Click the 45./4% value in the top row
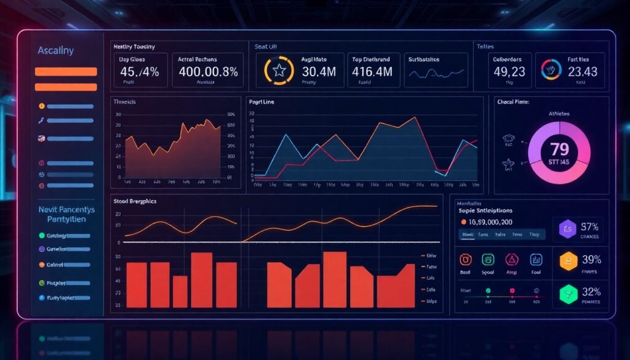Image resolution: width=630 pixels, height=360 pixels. [137, 72]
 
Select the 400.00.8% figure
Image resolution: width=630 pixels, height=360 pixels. [208, 72]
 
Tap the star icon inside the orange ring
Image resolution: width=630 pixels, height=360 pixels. [279, 71]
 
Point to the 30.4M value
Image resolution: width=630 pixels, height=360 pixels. [319, 72]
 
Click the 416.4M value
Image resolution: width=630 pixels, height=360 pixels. [372, 72]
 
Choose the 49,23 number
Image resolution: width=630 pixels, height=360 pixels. [509, 72]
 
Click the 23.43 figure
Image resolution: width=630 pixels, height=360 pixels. [581, 72]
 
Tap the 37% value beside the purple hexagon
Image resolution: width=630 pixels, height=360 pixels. [589, 226]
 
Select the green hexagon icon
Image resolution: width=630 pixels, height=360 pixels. [568, 294]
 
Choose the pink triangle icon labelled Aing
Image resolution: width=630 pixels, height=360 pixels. [511, 260]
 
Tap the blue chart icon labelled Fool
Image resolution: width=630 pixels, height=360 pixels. [535, 260]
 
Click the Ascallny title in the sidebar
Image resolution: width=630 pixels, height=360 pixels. [56, 50]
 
